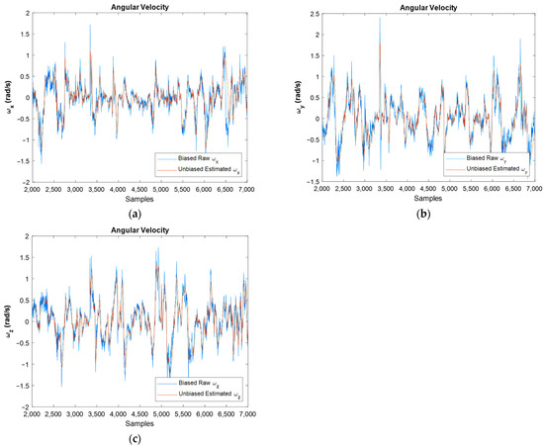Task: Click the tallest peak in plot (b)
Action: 380,18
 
